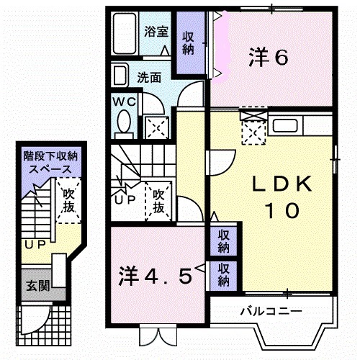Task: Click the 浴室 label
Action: pos(156,32)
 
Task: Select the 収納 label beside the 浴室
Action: pos(189,43)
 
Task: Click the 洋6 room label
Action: pos(270,56)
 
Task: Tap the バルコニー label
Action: pos(271,311)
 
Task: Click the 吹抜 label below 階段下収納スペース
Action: pos(69,200)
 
